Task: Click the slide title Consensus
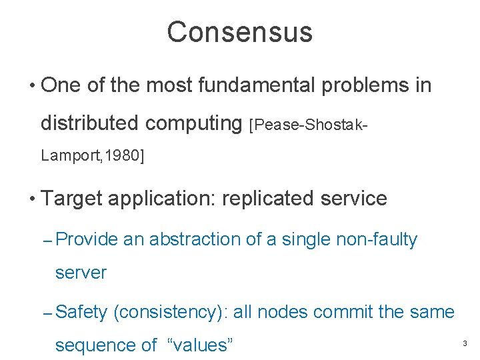239,32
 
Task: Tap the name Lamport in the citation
66,156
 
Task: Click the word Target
71,199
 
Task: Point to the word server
81,273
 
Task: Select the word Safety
81,311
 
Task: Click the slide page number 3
465,344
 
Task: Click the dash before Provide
47,241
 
